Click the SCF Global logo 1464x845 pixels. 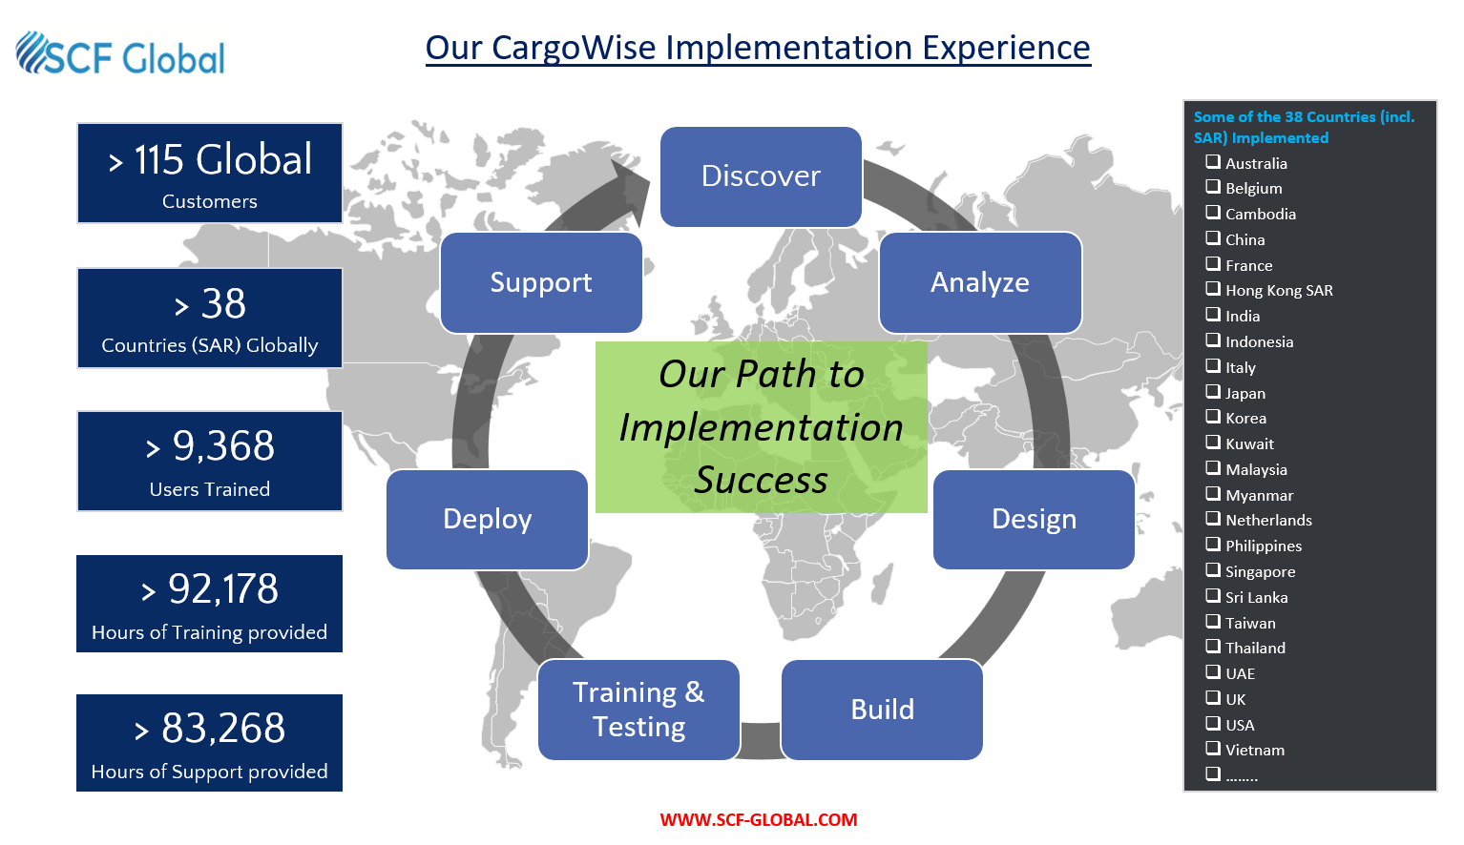[120, 53]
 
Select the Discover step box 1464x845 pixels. [761, 176]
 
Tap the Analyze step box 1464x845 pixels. [980, 282]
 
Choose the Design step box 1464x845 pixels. [1034, 519]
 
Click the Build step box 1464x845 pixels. [883, 710]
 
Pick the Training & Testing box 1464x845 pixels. [639, 710]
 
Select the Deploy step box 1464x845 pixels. [488, 519]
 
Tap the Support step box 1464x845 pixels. [541, 282]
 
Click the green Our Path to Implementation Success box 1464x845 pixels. [762, 427]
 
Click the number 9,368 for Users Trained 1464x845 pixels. [223, 446]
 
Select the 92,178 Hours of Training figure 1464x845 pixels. [223, 588]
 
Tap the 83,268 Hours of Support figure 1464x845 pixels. [223, 728]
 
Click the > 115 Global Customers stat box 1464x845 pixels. [210, 173]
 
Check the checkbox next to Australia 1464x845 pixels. [1213, 161]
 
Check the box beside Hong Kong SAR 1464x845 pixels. [1213, 289]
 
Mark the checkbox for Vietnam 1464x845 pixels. [1213, 749]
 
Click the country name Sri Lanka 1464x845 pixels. [1256, 597]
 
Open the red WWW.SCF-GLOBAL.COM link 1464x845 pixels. [758, 819]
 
